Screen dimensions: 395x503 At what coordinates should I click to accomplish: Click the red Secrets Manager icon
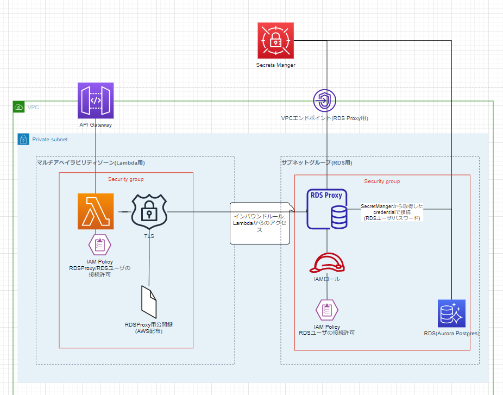[275, 40]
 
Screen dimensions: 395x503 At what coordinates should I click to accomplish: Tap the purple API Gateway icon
[96, 101]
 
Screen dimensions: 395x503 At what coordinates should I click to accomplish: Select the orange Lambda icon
[96, 212]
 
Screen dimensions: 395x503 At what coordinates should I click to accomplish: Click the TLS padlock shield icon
[149, 211]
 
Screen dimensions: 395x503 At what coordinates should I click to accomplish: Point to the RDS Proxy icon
[327, 209]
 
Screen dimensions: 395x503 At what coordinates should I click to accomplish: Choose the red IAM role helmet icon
[326, 262]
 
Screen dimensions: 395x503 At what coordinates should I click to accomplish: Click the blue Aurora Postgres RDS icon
[452, 313]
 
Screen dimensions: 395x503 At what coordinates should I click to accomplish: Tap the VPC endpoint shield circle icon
[325, 101]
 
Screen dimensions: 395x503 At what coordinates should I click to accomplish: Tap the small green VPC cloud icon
[19, 107]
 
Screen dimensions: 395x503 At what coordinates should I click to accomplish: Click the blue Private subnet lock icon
[23, 139]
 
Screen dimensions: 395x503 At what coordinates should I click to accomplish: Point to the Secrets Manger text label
[275, 65]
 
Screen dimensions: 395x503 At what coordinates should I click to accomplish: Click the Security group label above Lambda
[125, 179]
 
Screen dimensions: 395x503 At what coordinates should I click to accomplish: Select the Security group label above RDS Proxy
[382, 181]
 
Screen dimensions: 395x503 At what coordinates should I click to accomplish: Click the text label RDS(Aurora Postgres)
[452, 333]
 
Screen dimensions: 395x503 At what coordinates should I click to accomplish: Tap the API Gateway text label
[96, 124]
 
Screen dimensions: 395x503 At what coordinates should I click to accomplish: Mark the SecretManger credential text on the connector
[392, 212]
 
